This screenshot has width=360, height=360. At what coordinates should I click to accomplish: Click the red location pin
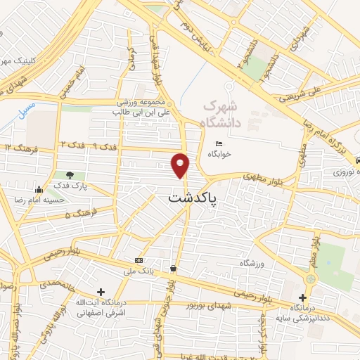[181, 165]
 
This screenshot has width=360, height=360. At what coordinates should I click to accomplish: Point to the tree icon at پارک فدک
[69, 175]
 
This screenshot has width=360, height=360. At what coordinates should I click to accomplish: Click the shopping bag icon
[173, 268]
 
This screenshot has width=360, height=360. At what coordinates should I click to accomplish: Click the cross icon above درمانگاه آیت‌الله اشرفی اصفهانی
[101, 291]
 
